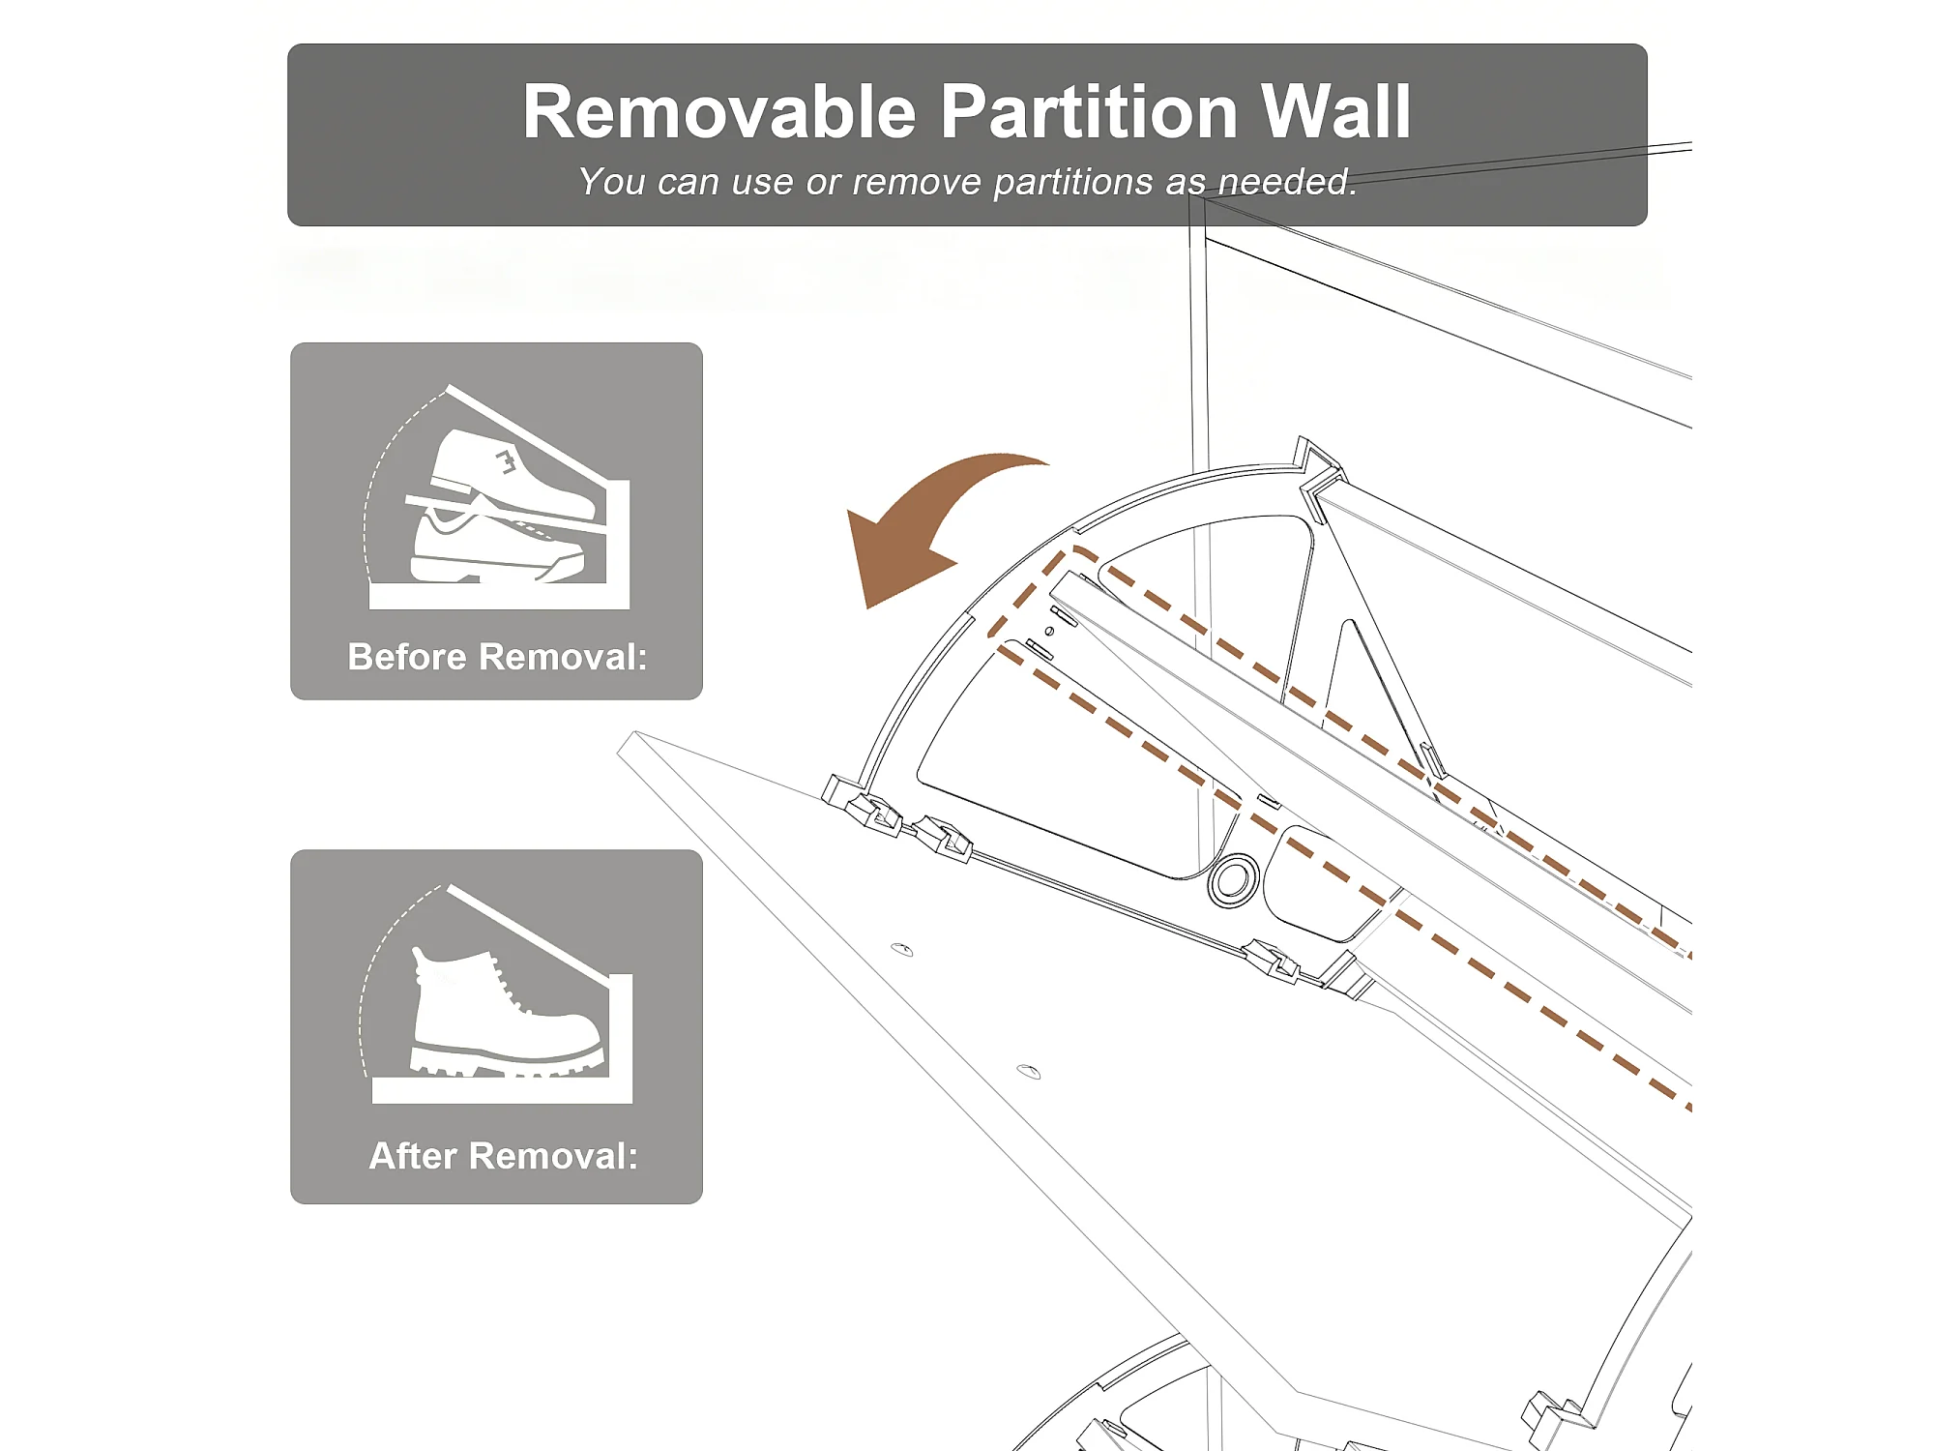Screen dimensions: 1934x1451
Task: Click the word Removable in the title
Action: tap(719, 112)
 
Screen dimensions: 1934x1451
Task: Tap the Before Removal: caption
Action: tap(497, 657)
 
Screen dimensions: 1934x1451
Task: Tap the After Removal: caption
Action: tap(504, 1156)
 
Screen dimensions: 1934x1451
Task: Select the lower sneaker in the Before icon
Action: tap(495, 548)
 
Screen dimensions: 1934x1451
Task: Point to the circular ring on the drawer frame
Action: tap(1233, 879)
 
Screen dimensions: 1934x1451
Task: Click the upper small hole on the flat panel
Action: tap(901, 949)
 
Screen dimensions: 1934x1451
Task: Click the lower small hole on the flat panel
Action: tap(1029, 1072)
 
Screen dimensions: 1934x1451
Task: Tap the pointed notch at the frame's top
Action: tap(1315, 462)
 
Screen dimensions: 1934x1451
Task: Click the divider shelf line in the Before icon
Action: tap(506, 515)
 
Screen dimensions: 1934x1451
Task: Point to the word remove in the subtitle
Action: tap(917, 183)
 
